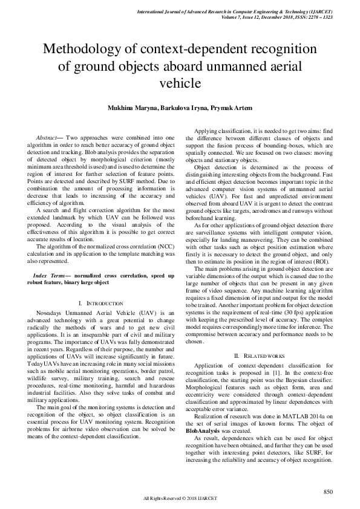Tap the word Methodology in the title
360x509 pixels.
click(x=90, y=49)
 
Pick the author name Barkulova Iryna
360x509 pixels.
click(x=182, y=108)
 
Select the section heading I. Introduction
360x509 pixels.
click(x=97, y=302)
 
